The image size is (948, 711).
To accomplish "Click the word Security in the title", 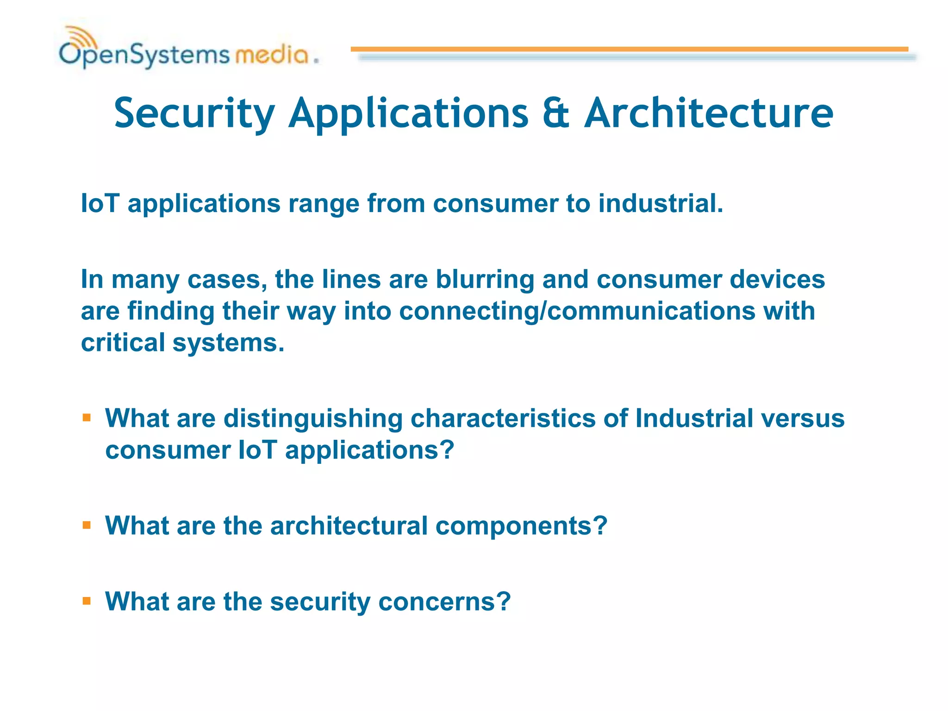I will tap(194, 114).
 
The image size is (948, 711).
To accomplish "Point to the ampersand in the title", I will tap(555, 114).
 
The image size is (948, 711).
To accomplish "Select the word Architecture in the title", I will tap(708, 114).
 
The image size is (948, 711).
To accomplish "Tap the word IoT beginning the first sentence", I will tap(100, 204).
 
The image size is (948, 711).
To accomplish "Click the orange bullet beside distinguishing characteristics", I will tap(87, 418).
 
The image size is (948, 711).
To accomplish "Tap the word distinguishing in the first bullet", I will tap(313, 419).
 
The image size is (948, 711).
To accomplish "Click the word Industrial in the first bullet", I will tap(694, 418).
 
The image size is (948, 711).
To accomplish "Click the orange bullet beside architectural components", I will tap(87, 525).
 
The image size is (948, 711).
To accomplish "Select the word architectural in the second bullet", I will tap(349, 526).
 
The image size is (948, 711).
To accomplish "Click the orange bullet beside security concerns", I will tap(87, 601).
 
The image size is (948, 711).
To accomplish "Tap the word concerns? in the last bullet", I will tap(444, 602).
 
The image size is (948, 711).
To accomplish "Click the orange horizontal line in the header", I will tap(630, 49).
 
